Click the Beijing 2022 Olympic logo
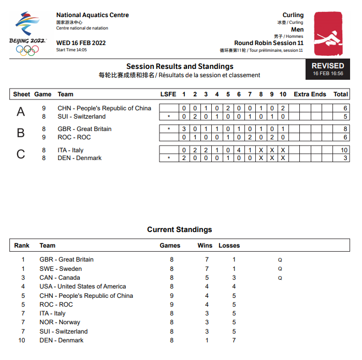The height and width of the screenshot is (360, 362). (x=27, y=34)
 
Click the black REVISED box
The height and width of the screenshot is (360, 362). (x=327, y=69)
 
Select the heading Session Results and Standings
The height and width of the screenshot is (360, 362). (x=180, y=66)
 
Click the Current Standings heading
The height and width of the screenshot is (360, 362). (x=180, y=229)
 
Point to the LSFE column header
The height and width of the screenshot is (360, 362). (x=168, y=94)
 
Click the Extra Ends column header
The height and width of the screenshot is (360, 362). (x=310, y=94)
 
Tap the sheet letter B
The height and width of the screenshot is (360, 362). (x=21, y=133)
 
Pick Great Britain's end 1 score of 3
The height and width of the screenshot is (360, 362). (x=184, y=129)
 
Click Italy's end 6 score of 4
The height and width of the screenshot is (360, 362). (x=239, y=150)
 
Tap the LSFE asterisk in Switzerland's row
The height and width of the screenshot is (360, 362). (x=168, y=117)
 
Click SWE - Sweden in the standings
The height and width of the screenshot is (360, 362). (x=61, y=269)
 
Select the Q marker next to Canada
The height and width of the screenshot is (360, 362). (x=280, y=278)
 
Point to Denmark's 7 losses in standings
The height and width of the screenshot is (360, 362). (x=234, y=340)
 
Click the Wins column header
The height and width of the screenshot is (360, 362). (x=205, y=246)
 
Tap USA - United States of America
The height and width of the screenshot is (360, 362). (x=83, y=286)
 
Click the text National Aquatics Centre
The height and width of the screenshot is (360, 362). (x=93, y=15)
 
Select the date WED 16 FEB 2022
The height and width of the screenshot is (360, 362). (x=81, y=42)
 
